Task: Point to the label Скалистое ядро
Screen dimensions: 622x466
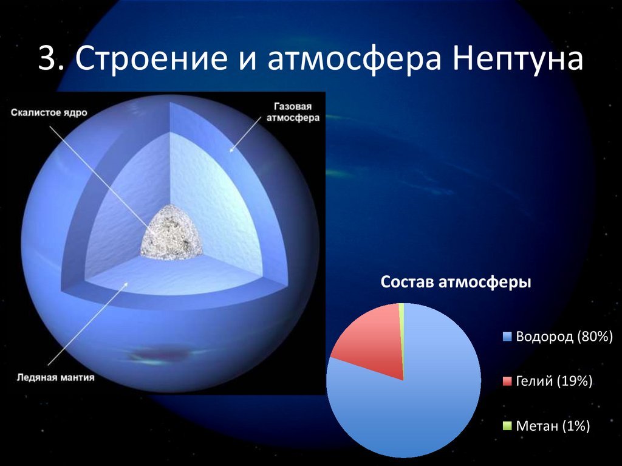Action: click(x=49, y=113)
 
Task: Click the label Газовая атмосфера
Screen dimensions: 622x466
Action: click(x=293, y=112)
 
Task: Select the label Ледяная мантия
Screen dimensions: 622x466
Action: click(x=55, y=377)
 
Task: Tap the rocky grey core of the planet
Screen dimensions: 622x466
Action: click(x=171, y=233)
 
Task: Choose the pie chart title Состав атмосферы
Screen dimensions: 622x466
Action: click(x=456, y=283)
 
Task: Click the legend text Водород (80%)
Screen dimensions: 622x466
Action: click(x=564, y=337)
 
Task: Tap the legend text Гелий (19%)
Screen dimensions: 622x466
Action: click(x=554, y=382)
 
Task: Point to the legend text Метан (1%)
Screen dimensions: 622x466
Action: click(x=553, y=426)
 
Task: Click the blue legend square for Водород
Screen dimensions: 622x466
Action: click(x=507, y=337)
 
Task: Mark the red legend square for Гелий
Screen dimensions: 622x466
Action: click(x=507, y=382)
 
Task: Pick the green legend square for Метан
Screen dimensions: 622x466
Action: click(x=507, y=426)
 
